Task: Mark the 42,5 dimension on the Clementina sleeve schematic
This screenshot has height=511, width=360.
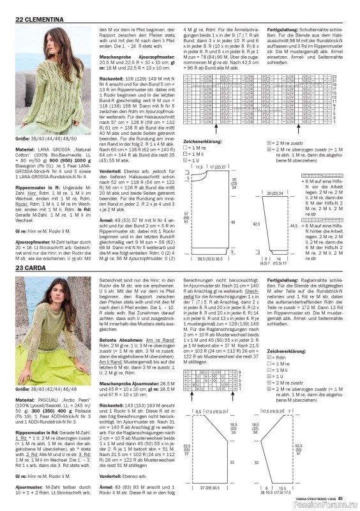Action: point(257,224)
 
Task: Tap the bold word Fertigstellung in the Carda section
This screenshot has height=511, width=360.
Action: point(283,280)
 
